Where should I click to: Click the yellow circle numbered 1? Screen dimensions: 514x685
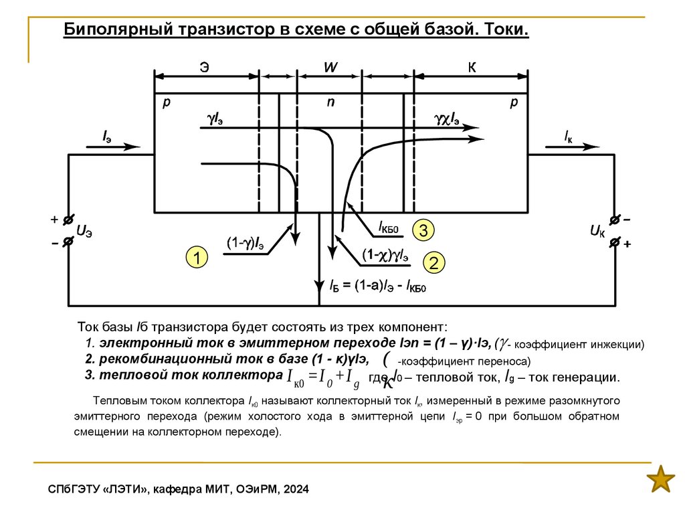click(x=197, y=257)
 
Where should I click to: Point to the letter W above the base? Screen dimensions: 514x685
click(x=330, y=68)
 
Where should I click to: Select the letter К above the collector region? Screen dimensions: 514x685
click(x=472, y=67)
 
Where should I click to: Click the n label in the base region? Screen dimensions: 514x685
click(x=330, y=102)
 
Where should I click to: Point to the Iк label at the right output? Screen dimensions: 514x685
click(x=568, y=137)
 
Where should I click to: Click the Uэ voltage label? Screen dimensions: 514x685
click(x=84, y=232)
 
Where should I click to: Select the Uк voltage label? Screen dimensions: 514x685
click(x=597, y=232)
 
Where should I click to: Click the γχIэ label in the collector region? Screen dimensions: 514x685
click(x=446, y=119)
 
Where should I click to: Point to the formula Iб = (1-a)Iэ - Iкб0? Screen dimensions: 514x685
click(x=378, y=286)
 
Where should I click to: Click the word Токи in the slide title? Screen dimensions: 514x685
click(x=506, y=31)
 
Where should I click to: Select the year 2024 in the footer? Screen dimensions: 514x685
click(x=296, y=490)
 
